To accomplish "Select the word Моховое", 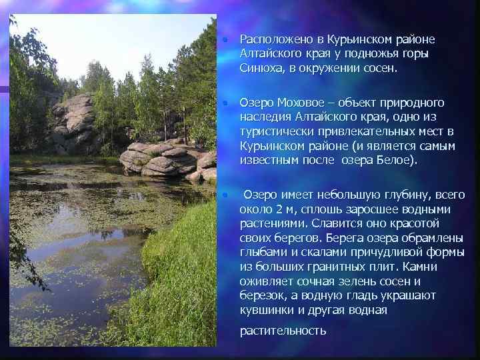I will click(296, 103).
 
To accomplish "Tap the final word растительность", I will click(283, 331).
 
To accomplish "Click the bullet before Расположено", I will click(226, 41).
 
